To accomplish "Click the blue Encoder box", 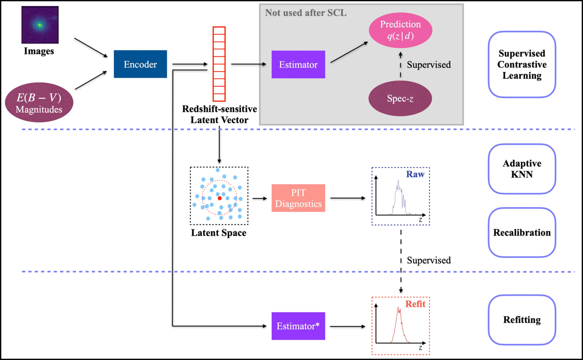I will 140,64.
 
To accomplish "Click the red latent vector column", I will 220,63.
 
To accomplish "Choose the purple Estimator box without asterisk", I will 298,64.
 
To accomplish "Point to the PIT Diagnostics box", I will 298,199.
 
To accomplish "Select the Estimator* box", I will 298,326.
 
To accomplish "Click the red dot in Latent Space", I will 220,198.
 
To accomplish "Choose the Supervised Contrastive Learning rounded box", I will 522,65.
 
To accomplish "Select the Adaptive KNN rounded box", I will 522,169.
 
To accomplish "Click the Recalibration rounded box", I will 522,232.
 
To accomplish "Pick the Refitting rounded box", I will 522,320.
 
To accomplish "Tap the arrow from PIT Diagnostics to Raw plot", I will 347,198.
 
